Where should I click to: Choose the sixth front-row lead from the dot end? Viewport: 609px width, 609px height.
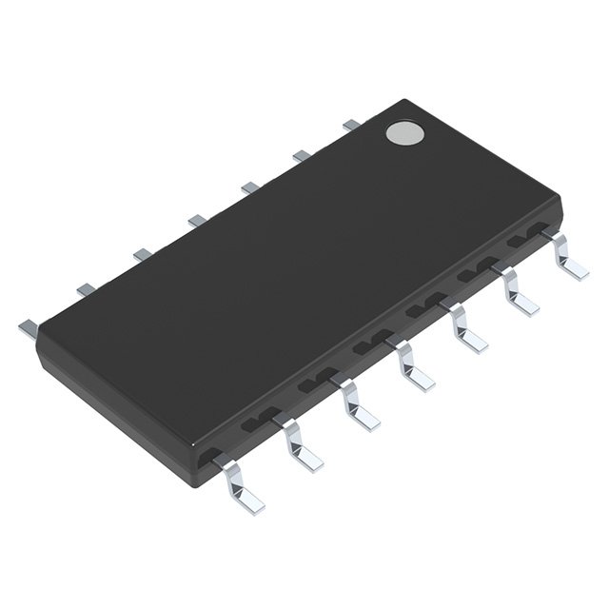301,445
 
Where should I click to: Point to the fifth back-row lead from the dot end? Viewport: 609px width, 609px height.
142,254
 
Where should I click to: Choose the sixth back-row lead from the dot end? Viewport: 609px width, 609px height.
85,288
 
